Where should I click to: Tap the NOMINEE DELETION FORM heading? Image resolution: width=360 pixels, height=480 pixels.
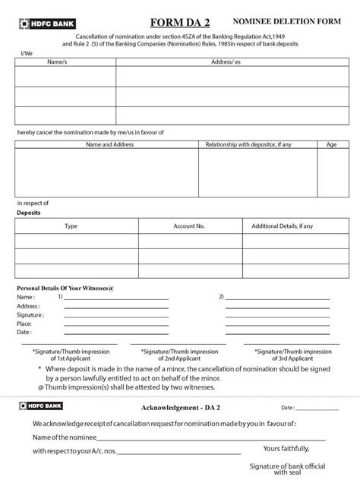coord(298,25)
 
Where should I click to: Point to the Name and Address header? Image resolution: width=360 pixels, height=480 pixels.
coord(106,144)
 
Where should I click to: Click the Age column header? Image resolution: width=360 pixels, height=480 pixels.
coord(331,144)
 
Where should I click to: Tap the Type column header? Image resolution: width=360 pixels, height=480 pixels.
coord(71,226)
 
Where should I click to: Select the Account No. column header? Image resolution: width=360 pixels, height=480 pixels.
coord(189,226)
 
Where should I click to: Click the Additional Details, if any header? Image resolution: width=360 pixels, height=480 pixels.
coord(282,226)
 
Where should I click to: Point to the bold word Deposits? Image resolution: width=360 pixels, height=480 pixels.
coord(29,213)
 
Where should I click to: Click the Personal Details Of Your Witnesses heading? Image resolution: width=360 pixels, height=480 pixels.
coord(65,288)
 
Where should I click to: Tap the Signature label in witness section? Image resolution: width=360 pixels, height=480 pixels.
coord(30,314)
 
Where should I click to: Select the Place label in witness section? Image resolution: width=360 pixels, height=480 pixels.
coord(25,324)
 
